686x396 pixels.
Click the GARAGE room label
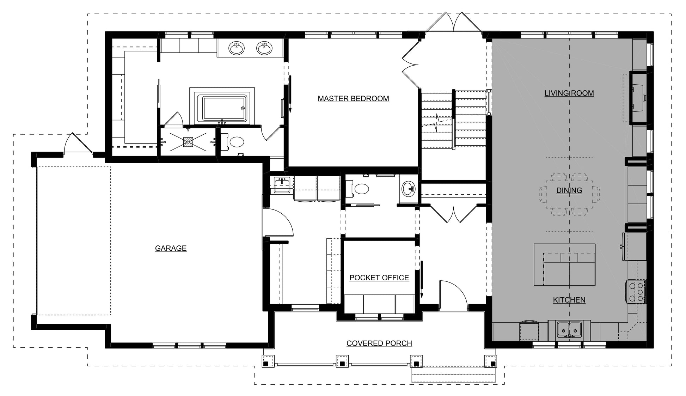point(171,248)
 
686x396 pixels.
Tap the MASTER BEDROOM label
point(353,99)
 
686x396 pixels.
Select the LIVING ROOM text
point(569,93)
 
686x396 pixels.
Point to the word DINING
point(569,190)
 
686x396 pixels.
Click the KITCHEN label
point(569,300)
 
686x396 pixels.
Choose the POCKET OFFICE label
point(379,278)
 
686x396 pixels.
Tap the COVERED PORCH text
point(379,343)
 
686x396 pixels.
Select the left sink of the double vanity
point(236,48)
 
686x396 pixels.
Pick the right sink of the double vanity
point(264,48)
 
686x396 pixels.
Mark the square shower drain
point(188,141)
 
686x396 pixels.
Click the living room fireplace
point(638,97)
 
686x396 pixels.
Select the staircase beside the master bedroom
point(454,120)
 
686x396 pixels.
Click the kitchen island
point(564,265)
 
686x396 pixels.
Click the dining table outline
point(569,194)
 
